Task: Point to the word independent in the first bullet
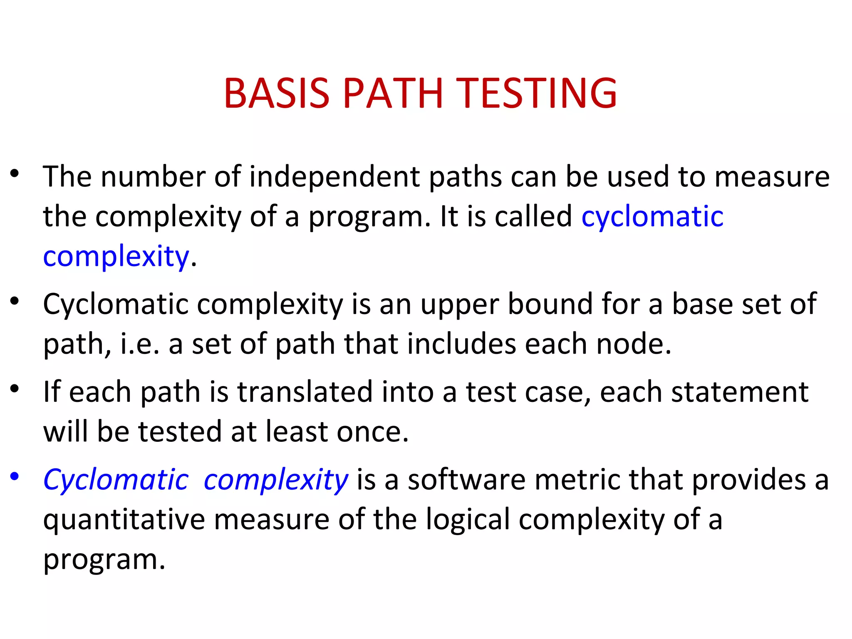pos(335,177)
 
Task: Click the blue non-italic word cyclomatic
pos(652,217)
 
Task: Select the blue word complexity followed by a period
pos(116,257)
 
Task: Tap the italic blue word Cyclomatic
pos(116,480)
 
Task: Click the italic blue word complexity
pos(276,480)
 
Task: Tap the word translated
pos(305,392)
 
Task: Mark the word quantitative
pos(124,520)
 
